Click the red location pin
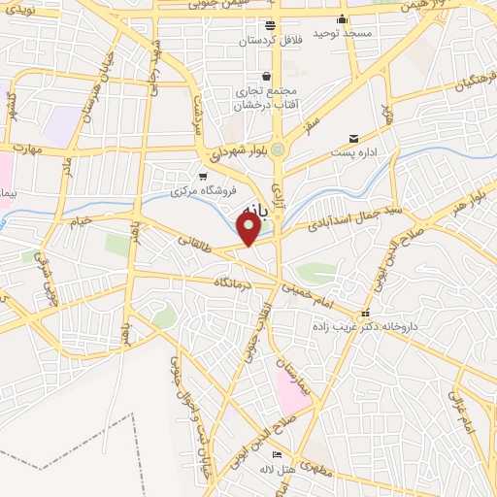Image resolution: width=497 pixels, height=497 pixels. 249,229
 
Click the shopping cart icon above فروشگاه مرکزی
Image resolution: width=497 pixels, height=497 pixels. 202,177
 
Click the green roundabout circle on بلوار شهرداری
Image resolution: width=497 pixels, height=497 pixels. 280,149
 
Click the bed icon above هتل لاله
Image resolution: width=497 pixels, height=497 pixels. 277,454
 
